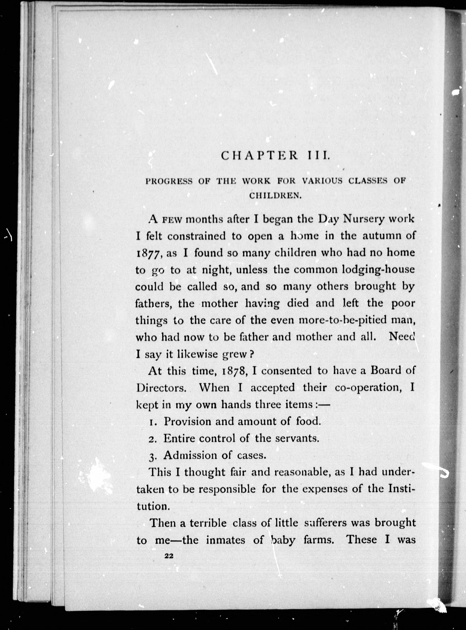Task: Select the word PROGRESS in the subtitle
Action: (169, 181)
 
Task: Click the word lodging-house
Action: (378, 270)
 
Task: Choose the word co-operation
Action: (368, 388)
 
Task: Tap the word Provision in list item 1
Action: (187, 422)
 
